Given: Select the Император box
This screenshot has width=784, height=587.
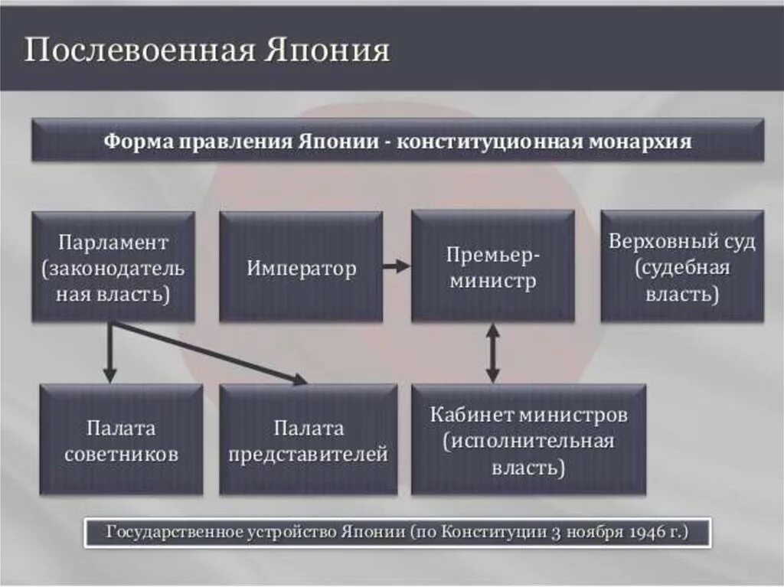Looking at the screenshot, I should tap(301, 266).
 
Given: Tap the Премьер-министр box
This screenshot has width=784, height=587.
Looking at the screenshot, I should tap(492, 266).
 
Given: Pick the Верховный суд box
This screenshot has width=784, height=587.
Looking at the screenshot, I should tap(682, 266).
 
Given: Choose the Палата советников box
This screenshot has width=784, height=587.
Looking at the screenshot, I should tap(121, 439).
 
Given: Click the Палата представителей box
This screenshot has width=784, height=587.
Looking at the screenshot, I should tap(308, 439).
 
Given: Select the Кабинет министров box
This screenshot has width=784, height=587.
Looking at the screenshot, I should tap(528, 439).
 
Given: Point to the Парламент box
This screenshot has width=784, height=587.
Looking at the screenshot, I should tap(113, 266).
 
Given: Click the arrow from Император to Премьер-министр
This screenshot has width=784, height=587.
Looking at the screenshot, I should tap(397, 266).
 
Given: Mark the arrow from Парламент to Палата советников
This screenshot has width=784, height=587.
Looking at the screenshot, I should tap(109, 352).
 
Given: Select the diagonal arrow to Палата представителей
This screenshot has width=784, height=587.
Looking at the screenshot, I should tap(207, 351).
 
